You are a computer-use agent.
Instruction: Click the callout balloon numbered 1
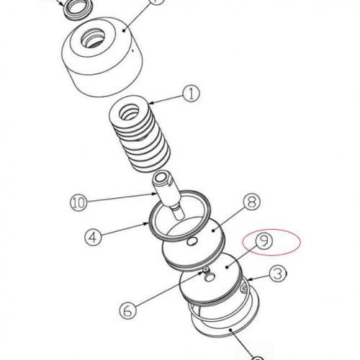tap(192, 93)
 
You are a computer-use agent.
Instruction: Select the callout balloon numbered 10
tap(81, 201)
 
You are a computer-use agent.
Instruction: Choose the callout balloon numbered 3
tap(276, 274)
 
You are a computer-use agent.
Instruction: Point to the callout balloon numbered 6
tap(126, 311)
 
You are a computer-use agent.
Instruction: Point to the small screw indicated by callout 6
tap(204, 271)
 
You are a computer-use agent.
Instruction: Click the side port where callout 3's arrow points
tap(246, 289)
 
